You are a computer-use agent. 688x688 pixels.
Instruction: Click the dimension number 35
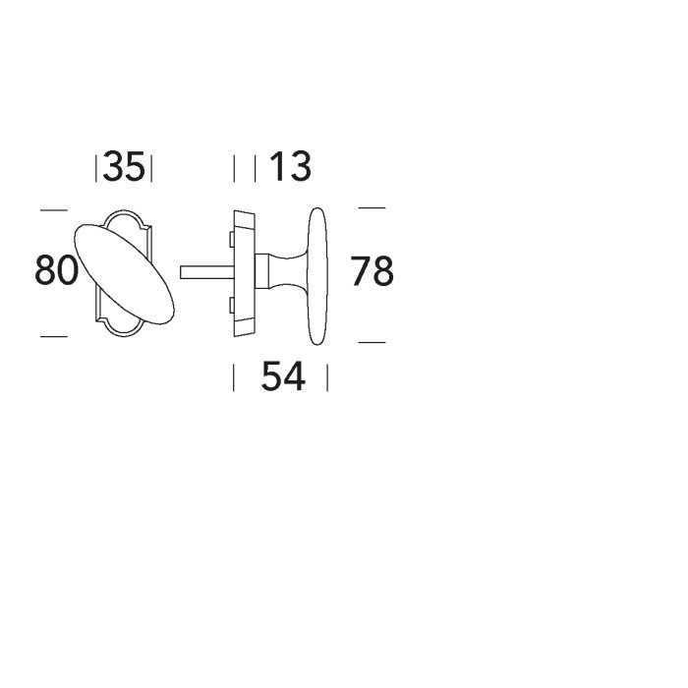click(123, 166)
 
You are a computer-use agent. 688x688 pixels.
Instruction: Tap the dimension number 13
click(291, 166)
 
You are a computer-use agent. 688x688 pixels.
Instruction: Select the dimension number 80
click(56, 270)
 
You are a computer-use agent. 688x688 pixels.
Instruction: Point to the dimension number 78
click(373, 271)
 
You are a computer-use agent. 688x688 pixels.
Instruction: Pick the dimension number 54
click(283, 376)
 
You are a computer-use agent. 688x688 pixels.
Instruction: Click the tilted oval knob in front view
click(124, 274)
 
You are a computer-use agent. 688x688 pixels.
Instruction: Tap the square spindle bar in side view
click(206, 272)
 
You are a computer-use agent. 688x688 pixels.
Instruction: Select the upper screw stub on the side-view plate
click(231, 240)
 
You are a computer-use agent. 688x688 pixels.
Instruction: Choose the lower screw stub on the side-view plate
click(231, 305)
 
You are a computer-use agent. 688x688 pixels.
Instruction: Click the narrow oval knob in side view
click(317, 276)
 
